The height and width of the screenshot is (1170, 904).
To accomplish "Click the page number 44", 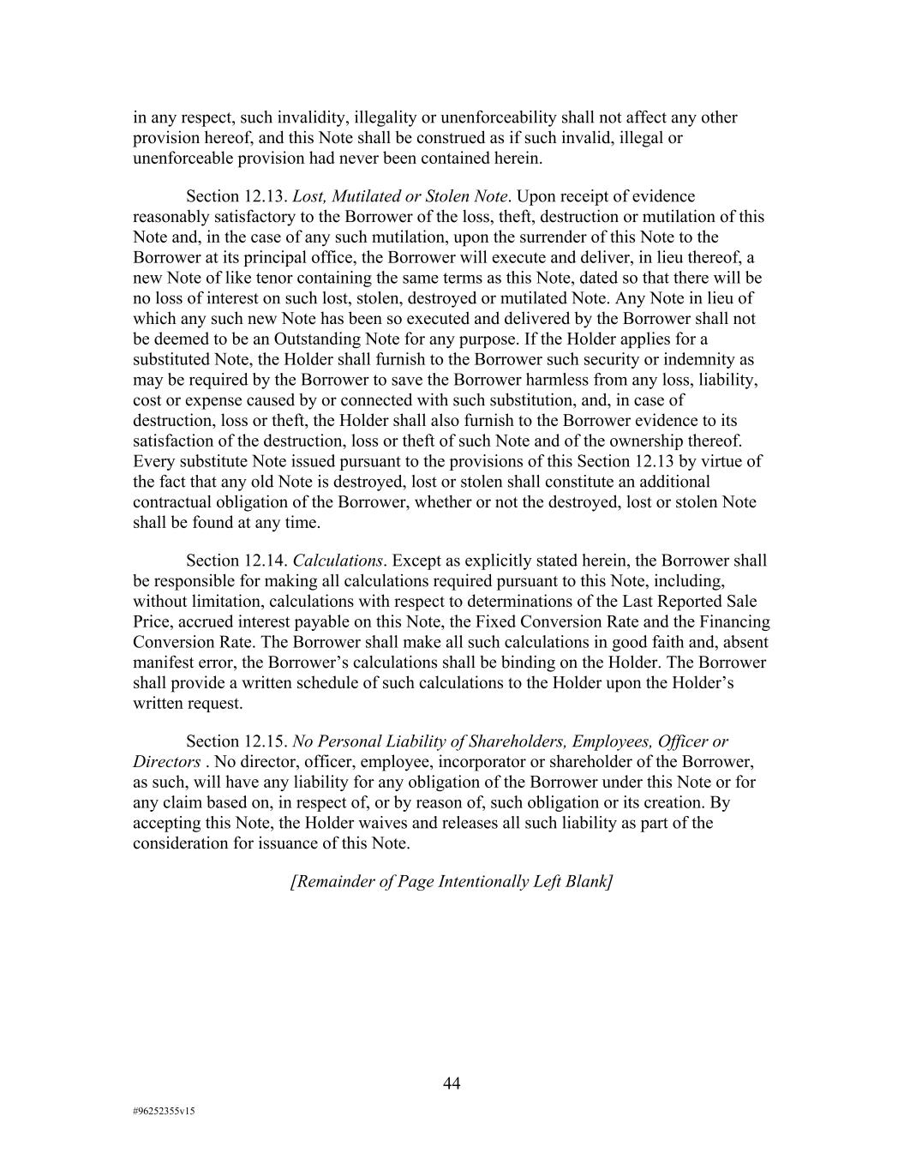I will pos(452,1083).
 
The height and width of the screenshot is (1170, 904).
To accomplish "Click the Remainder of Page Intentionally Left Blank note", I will pos(452,881).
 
